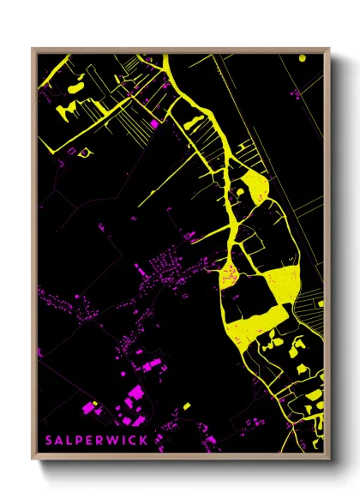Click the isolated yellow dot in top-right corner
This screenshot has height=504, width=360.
302,58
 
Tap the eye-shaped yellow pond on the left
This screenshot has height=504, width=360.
84,153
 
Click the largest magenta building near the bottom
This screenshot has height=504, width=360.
135,393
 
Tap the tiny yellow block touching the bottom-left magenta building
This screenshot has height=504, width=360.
96,405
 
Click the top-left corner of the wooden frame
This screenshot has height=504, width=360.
33,49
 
